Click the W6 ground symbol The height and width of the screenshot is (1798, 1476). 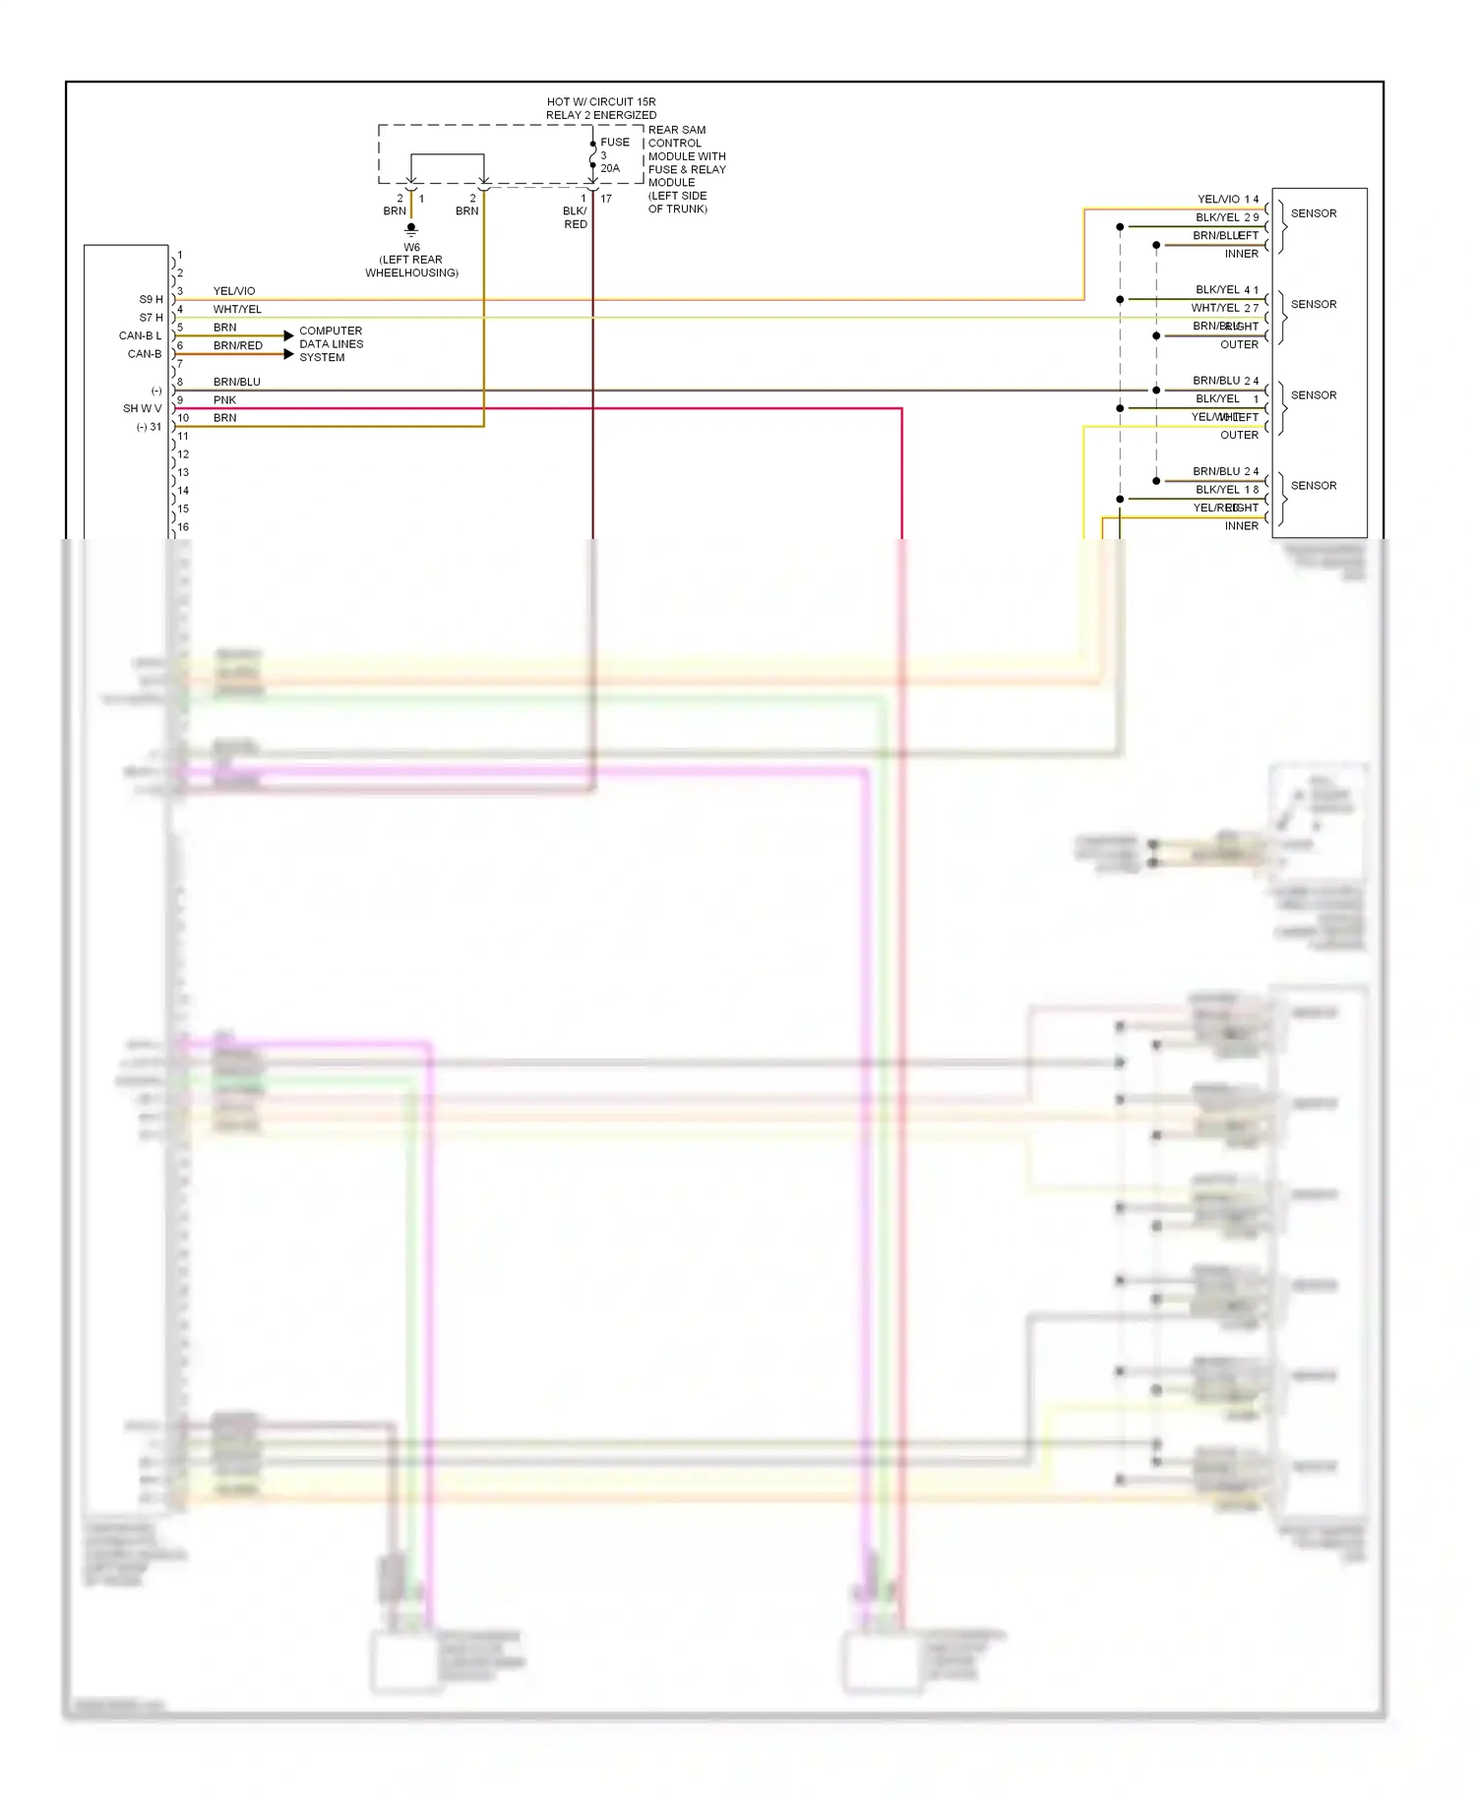(411, 229)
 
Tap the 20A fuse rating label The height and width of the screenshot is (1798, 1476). (610, 168)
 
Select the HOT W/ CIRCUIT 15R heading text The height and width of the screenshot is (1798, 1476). (601, 101)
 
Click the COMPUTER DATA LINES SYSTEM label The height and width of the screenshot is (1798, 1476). (331, 344)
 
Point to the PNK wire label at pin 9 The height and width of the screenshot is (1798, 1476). (224, 400)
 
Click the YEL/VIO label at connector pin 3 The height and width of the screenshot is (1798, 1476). (234, 291)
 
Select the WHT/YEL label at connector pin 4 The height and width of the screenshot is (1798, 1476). (237, 309)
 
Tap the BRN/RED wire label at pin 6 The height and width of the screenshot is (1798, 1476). (238, 345)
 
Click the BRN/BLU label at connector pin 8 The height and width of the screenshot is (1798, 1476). (237, 382)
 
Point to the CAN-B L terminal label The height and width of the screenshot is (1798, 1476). (140, 335)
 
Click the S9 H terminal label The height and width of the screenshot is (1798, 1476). (151, 299)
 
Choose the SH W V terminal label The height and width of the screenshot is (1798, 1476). (142, 408)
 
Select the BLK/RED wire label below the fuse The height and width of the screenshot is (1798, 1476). (576, 217)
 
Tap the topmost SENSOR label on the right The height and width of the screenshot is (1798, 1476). (1314, 213)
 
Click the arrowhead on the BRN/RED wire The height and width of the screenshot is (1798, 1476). (288, 354)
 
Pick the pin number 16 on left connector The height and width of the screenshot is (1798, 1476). (183, 527)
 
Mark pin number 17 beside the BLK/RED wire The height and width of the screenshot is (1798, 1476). (606, 199)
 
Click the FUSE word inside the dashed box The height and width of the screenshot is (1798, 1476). (615, 143)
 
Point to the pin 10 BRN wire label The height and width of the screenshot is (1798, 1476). (224, 418)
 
